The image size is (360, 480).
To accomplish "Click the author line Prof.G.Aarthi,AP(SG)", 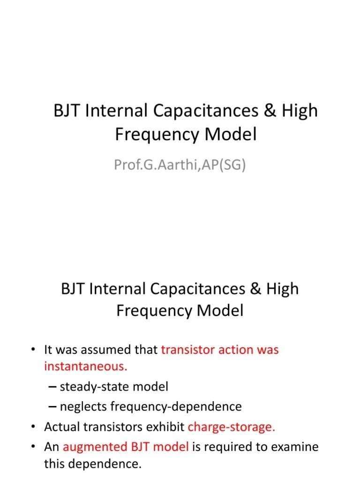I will coord(180,165).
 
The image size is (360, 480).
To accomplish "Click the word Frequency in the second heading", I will coord(148,311).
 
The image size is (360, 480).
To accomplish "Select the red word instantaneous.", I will coord(85,367).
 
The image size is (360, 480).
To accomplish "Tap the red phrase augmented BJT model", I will coord(126,447).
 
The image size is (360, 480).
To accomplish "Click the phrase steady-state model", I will coord(114,387).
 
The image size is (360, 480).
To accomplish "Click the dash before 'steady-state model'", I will coord(53,387).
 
